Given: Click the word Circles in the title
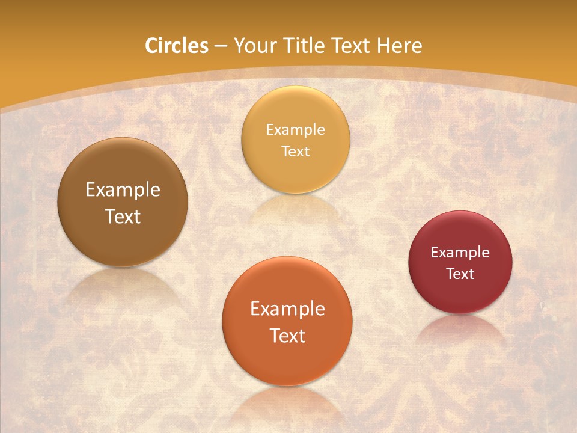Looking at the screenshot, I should click(176, 46).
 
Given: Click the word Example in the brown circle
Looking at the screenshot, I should click(123, 190).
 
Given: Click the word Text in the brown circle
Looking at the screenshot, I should click(123, 216).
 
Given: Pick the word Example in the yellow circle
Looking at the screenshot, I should click(295, 130).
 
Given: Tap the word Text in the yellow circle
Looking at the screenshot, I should click(295, 151).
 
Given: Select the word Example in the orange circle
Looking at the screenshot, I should click(287, 309).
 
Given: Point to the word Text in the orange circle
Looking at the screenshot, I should click(287, 336).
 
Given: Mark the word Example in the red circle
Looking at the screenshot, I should click(460, 253).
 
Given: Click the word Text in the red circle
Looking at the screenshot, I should click(460, 274).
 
